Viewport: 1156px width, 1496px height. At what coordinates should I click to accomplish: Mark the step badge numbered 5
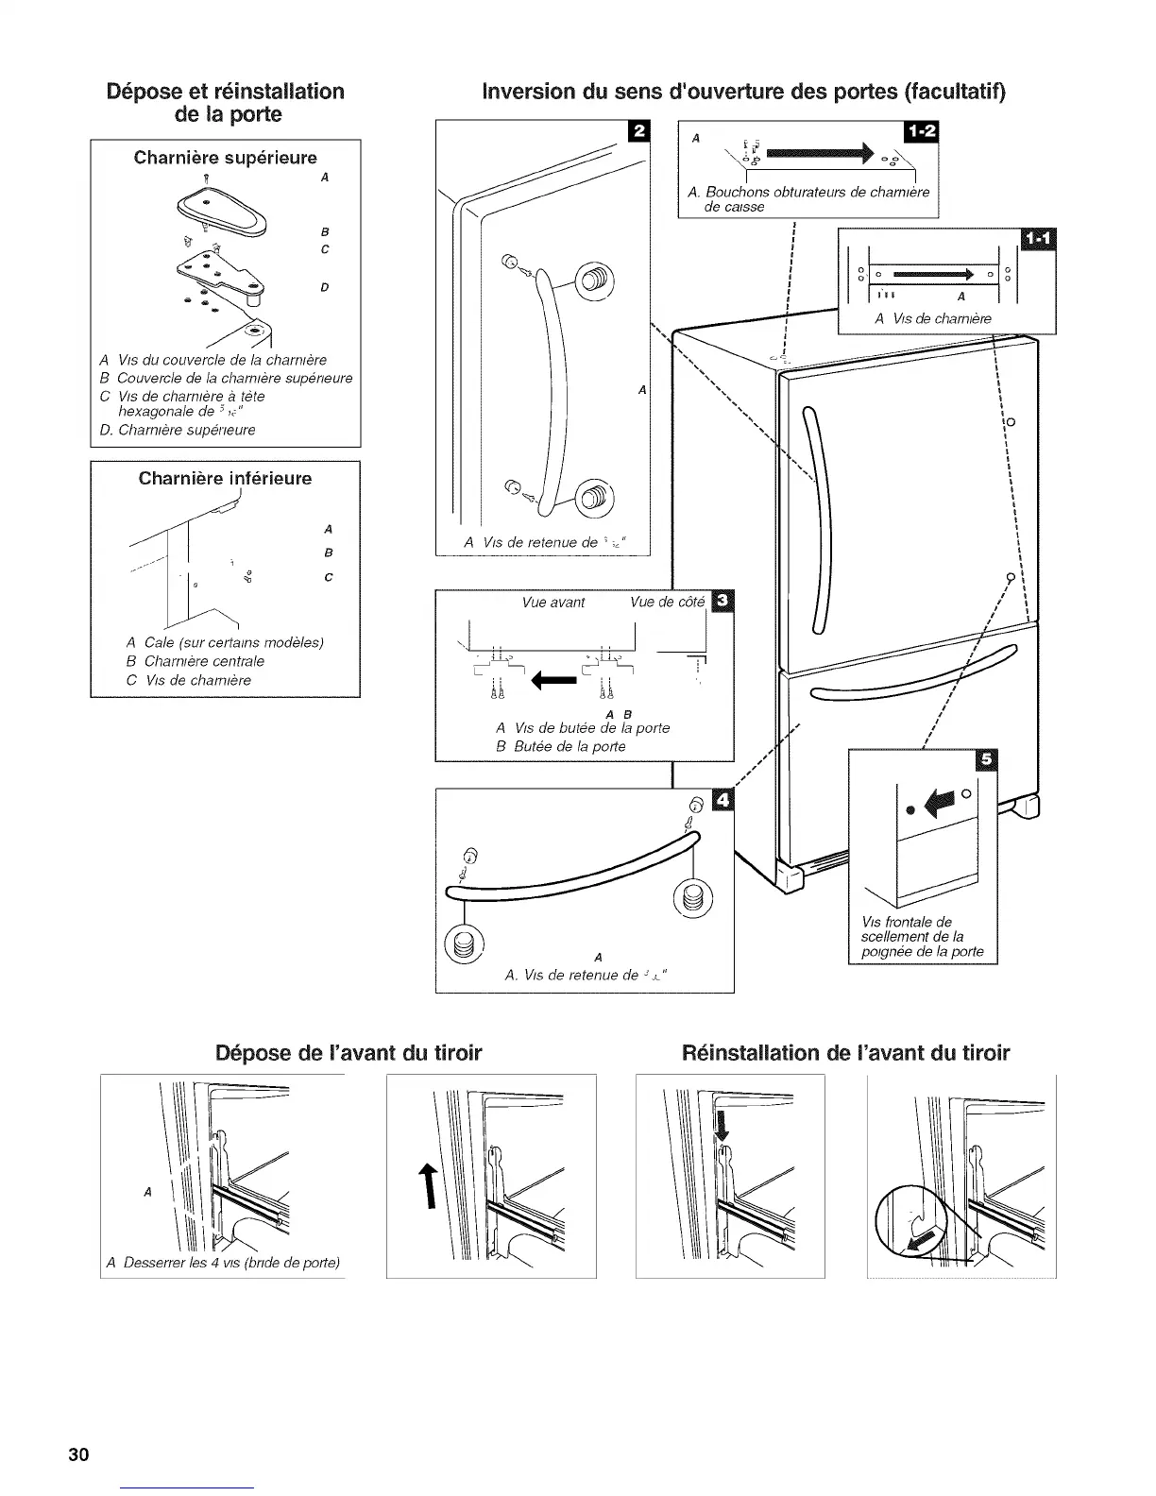989,761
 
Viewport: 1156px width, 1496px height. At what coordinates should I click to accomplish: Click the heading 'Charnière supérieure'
226,157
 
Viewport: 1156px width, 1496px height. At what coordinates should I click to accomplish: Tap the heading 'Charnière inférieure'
225,478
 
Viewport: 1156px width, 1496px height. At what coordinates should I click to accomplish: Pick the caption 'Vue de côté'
667,603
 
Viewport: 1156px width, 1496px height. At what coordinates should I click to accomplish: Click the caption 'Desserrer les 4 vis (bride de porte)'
224,1263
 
